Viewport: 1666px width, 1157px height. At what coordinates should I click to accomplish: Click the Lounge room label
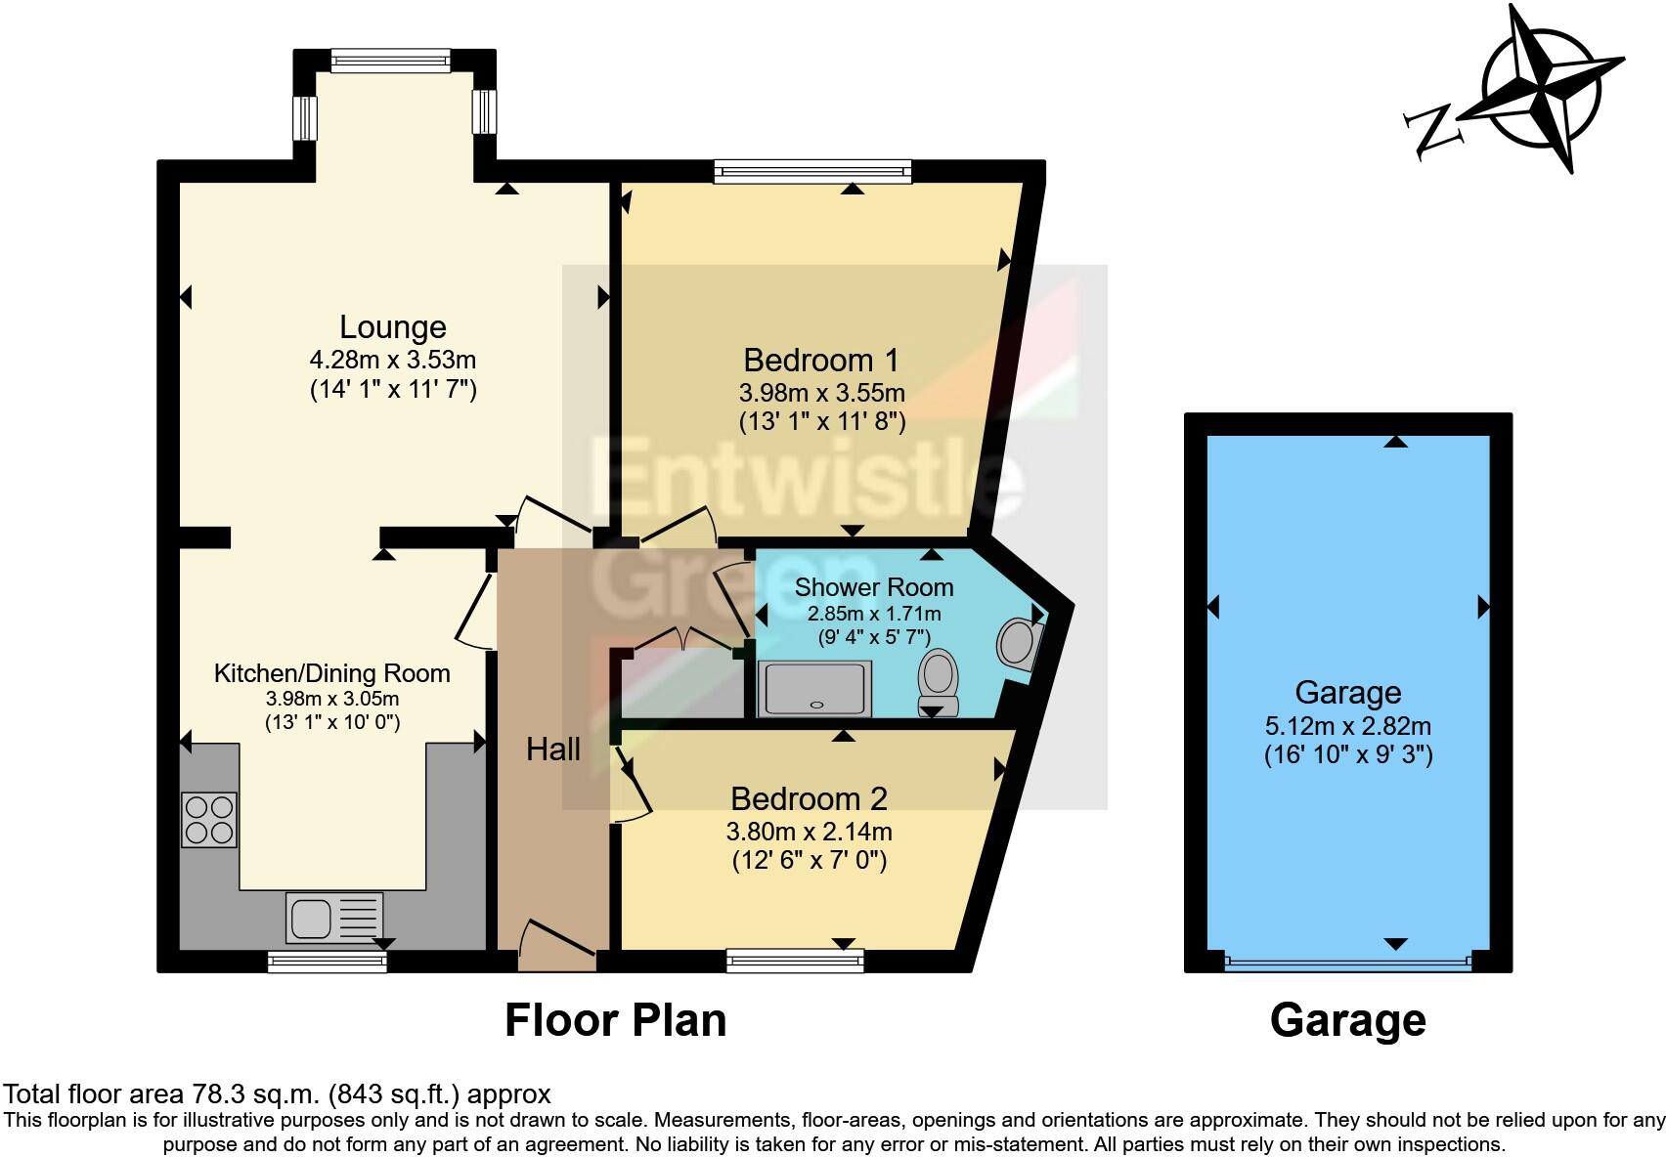tap(392, 326)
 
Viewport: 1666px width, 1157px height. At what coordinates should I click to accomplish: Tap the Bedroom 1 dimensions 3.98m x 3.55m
tap(821, 393)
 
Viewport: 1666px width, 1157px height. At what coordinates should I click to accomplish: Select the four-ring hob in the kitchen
tap(209, 819)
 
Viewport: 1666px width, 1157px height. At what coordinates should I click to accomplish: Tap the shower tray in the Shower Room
tap(814, 689)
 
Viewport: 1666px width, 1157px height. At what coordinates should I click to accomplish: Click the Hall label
tap(553, 750)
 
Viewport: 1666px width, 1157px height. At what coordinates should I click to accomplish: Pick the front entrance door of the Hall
tap(556, 946)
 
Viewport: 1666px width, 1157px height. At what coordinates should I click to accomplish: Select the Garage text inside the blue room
tap(1347, 692)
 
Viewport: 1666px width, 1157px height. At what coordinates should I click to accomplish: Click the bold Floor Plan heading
tap(615, 1020)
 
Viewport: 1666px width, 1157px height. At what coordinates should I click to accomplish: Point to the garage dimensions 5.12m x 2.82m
tap(1347, 726)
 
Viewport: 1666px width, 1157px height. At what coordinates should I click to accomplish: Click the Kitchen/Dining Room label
tap(332, 673)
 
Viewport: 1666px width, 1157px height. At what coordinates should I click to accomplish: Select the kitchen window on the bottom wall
tap(328, 963)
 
